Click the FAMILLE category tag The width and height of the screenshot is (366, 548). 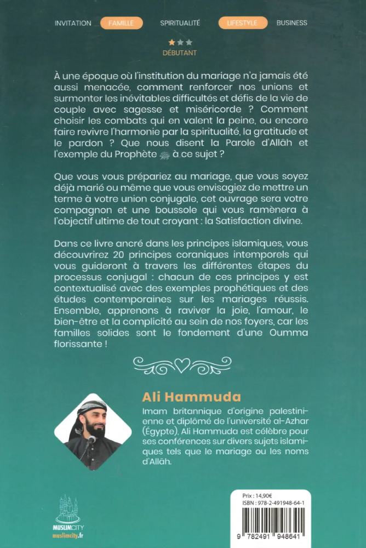(x=121, y=23)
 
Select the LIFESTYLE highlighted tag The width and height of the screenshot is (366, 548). (x=243, y=23)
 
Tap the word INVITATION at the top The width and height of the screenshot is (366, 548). (x=73, y=23)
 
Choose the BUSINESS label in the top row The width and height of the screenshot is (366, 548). (x=291, y=23)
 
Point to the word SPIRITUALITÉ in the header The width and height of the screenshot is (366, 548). (x=180, y=23)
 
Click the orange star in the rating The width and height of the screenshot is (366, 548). (x=171, y=42)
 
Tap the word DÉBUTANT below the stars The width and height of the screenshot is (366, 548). (x=180, y=53)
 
